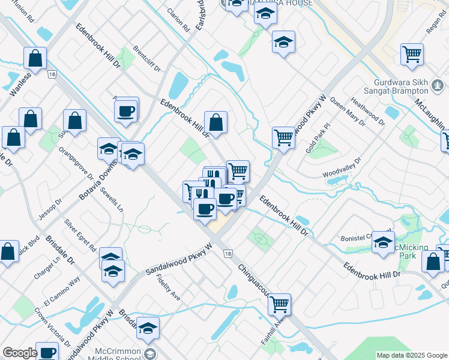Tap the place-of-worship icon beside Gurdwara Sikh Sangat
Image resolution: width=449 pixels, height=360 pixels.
point(439,90)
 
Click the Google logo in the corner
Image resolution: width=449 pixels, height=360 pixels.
point(20,353)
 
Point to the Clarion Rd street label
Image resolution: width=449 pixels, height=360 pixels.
point(179,20)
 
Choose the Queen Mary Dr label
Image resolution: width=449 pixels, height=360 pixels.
point(348,112)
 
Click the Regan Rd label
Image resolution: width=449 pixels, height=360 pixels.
point(436,25)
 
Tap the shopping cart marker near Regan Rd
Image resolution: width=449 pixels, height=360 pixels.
point(412,55)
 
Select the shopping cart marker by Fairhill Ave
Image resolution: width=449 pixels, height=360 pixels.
point(279,304)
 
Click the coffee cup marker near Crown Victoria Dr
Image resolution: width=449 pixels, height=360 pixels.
point(47,352)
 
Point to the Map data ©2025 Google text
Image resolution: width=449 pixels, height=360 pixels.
point(412,355)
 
